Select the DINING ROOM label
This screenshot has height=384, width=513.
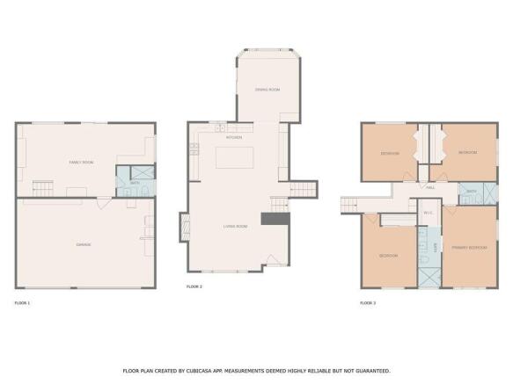pos(267,90)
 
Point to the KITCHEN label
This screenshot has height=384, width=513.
pos(234,138)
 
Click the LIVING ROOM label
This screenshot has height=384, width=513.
pos(234,227)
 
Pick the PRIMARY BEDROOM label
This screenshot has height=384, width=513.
pos(472,249)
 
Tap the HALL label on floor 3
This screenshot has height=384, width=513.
pos(430,188)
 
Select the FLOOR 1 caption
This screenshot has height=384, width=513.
pos(22,303)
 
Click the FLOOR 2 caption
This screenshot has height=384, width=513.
pos(194,287)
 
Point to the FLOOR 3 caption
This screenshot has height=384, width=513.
pos(368,303)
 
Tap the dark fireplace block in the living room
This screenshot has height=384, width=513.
pos(269,219)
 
